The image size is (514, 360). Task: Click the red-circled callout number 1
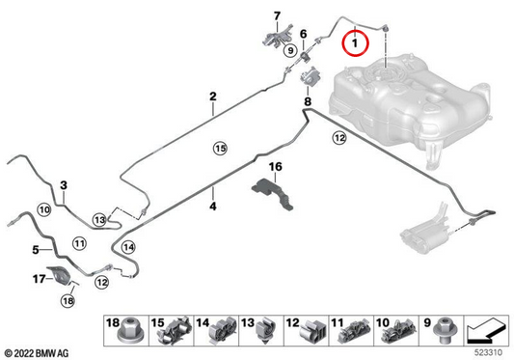(x=355, y=43)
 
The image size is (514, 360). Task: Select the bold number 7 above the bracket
(x=278, y=15)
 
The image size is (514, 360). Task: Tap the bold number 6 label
(x=304, y=34)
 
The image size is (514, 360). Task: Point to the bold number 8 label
(x=308, y=101)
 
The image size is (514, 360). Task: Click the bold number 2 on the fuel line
(x=213, y=97)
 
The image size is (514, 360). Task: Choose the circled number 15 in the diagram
(x=220, y=149)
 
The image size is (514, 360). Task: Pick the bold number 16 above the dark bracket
(x=276, y=167)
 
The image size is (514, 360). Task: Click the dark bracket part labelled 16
(x=272, y=193)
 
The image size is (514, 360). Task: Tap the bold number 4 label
(x=213, y=207)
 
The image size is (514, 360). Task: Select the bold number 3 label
(x=64, y=185)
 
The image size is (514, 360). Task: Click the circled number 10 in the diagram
(x=44, y=209)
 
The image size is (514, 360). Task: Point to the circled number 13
(x=99, y=219)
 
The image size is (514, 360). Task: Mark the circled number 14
(x=128, y=247)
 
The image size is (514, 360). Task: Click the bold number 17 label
(x=39, y=279)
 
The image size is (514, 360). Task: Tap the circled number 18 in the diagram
(x=68, y=300)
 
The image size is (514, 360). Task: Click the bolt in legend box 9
(x=445, y=330)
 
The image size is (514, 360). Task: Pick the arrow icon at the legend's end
(x=486, y=330)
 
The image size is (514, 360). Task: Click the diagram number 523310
(x=488, y=352)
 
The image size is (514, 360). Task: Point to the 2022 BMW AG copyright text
(x=37, y=353)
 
